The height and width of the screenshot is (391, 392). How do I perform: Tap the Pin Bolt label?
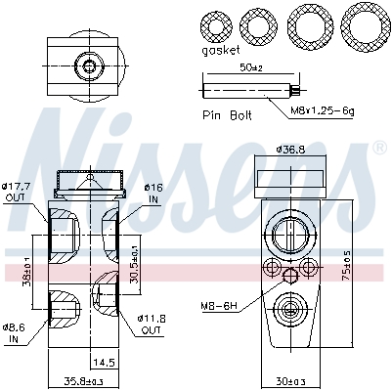coord(226,114)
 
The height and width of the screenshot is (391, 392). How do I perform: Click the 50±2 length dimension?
coord(251,67)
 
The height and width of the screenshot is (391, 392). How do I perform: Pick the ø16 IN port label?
coord(152,192)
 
